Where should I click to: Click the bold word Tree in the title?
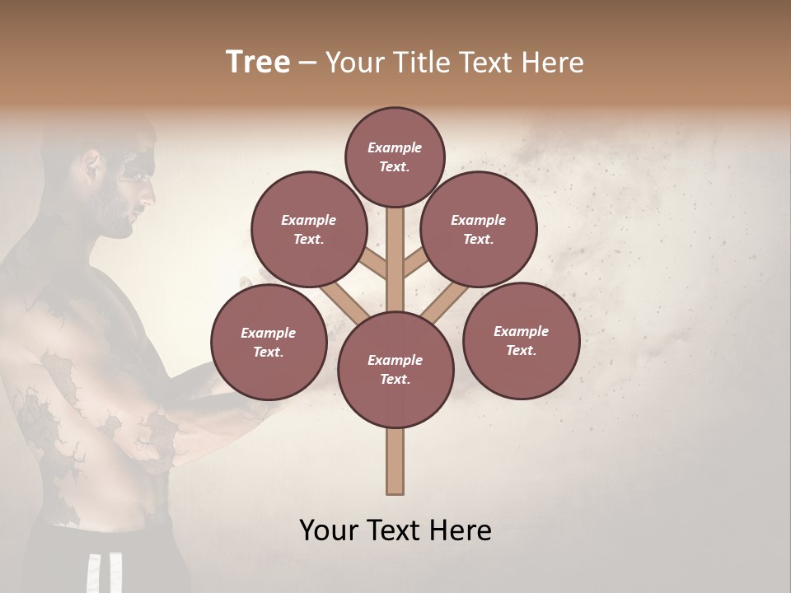pos(258,62)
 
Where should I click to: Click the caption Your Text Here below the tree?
pos(395,530)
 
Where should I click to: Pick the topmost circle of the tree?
pos(395,156)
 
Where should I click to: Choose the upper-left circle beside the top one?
pos(309,229)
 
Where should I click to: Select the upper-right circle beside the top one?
pos(479,229)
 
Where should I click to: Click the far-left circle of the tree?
pos(269,342)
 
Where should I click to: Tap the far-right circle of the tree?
pos(521,340)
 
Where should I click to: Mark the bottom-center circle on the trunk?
pos(395,369)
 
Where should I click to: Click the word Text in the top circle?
pos(394,166)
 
